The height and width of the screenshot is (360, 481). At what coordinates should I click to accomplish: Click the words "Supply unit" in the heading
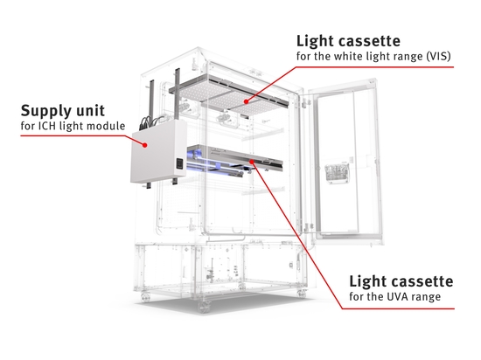click(x=63, y=112)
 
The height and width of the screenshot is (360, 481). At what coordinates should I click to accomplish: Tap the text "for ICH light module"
click(x=73, y=126)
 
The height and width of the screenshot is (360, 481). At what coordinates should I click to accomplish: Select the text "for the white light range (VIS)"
click(x=373, y=57)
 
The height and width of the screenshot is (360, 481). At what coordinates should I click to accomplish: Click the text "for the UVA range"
click(x=395, y=296)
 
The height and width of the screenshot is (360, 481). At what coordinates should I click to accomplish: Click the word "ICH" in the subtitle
click(x=47, y=126)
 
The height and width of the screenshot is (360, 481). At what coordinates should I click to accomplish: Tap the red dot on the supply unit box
click(x=145, y=145)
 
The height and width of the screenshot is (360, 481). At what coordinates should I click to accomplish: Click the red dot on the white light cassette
click(x=246, y=101)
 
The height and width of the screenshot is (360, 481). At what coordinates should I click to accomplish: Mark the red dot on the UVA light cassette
click(x=252, y=162)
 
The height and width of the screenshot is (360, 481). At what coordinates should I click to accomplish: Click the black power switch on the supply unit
click(x=179, y=164)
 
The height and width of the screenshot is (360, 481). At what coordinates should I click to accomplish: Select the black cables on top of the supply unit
click(x=152, y=121)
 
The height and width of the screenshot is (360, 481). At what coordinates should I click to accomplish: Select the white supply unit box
click(x=158, y=151)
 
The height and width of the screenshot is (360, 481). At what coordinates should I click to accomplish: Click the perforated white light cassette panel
click(x=229, y=95)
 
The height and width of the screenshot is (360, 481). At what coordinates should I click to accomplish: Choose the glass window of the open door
click(x=347, y=163)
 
